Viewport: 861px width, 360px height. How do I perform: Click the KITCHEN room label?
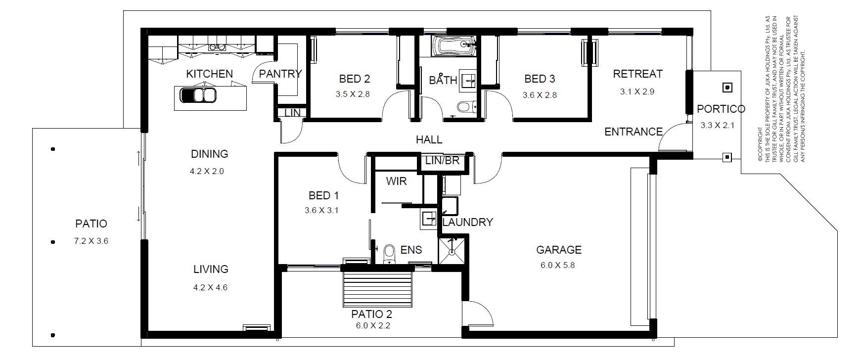(209, 74)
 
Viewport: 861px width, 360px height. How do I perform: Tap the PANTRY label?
(280, 74)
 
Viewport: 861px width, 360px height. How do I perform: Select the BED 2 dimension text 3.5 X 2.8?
(353, 94)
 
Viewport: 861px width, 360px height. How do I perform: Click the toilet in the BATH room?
(466, 106)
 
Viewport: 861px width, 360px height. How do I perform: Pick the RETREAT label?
(637, 74)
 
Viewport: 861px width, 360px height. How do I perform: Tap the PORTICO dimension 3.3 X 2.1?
(718, 125)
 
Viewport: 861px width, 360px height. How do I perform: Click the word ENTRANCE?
(634, 132)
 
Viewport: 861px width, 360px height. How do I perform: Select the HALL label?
(429, 140)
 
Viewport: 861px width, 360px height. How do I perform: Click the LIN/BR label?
(443, 161)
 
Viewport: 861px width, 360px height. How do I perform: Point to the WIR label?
(396, 181)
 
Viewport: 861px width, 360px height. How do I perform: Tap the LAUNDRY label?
(467, 222)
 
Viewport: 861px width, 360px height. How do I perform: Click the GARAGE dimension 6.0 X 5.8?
(558, 265)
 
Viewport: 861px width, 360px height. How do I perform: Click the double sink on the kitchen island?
(197, 94)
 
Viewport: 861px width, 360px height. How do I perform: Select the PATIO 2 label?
(372, 314)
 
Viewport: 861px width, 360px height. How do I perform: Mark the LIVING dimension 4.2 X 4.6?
(210, 287)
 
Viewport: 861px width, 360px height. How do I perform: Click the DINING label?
(210, 154)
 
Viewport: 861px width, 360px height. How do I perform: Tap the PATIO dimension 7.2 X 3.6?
(91, 241)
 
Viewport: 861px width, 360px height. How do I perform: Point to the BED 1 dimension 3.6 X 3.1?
(321, 210)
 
